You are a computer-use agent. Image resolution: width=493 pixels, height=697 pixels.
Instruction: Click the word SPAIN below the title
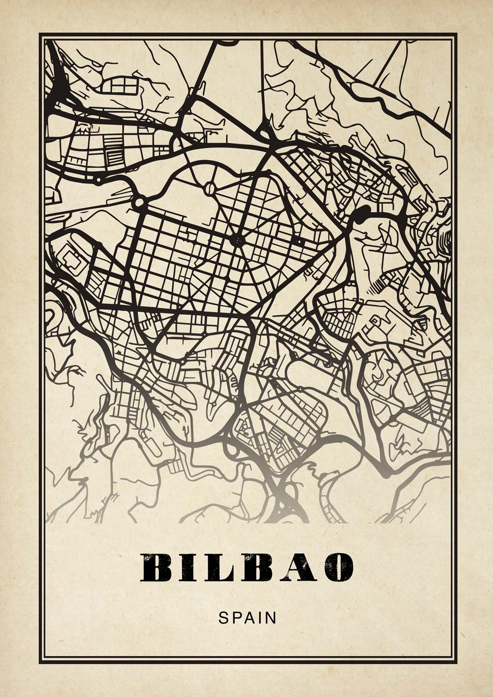coord(247,618)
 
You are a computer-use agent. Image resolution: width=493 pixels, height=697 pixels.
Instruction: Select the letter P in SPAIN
coord(235,618)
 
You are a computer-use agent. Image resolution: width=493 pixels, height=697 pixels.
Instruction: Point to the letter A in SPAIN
coord(248,618)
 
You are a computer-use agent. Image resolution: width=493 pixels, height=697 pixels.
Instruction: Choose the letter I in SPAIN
coord(259,618)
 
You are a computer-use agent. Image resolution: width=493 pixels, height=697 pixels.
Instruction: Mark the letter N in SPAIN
coord(271,618)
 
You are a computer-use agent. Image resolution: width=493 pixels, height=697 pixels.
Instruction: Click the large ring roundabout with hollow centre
coord(139,201)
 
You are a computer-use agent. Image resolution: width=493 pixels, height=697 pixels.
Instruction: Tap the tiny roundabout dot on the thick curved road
coord(98,180)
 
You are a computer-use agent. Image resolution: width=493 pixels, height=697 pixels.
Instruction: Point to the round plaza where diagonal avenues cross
coord(237,239)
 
